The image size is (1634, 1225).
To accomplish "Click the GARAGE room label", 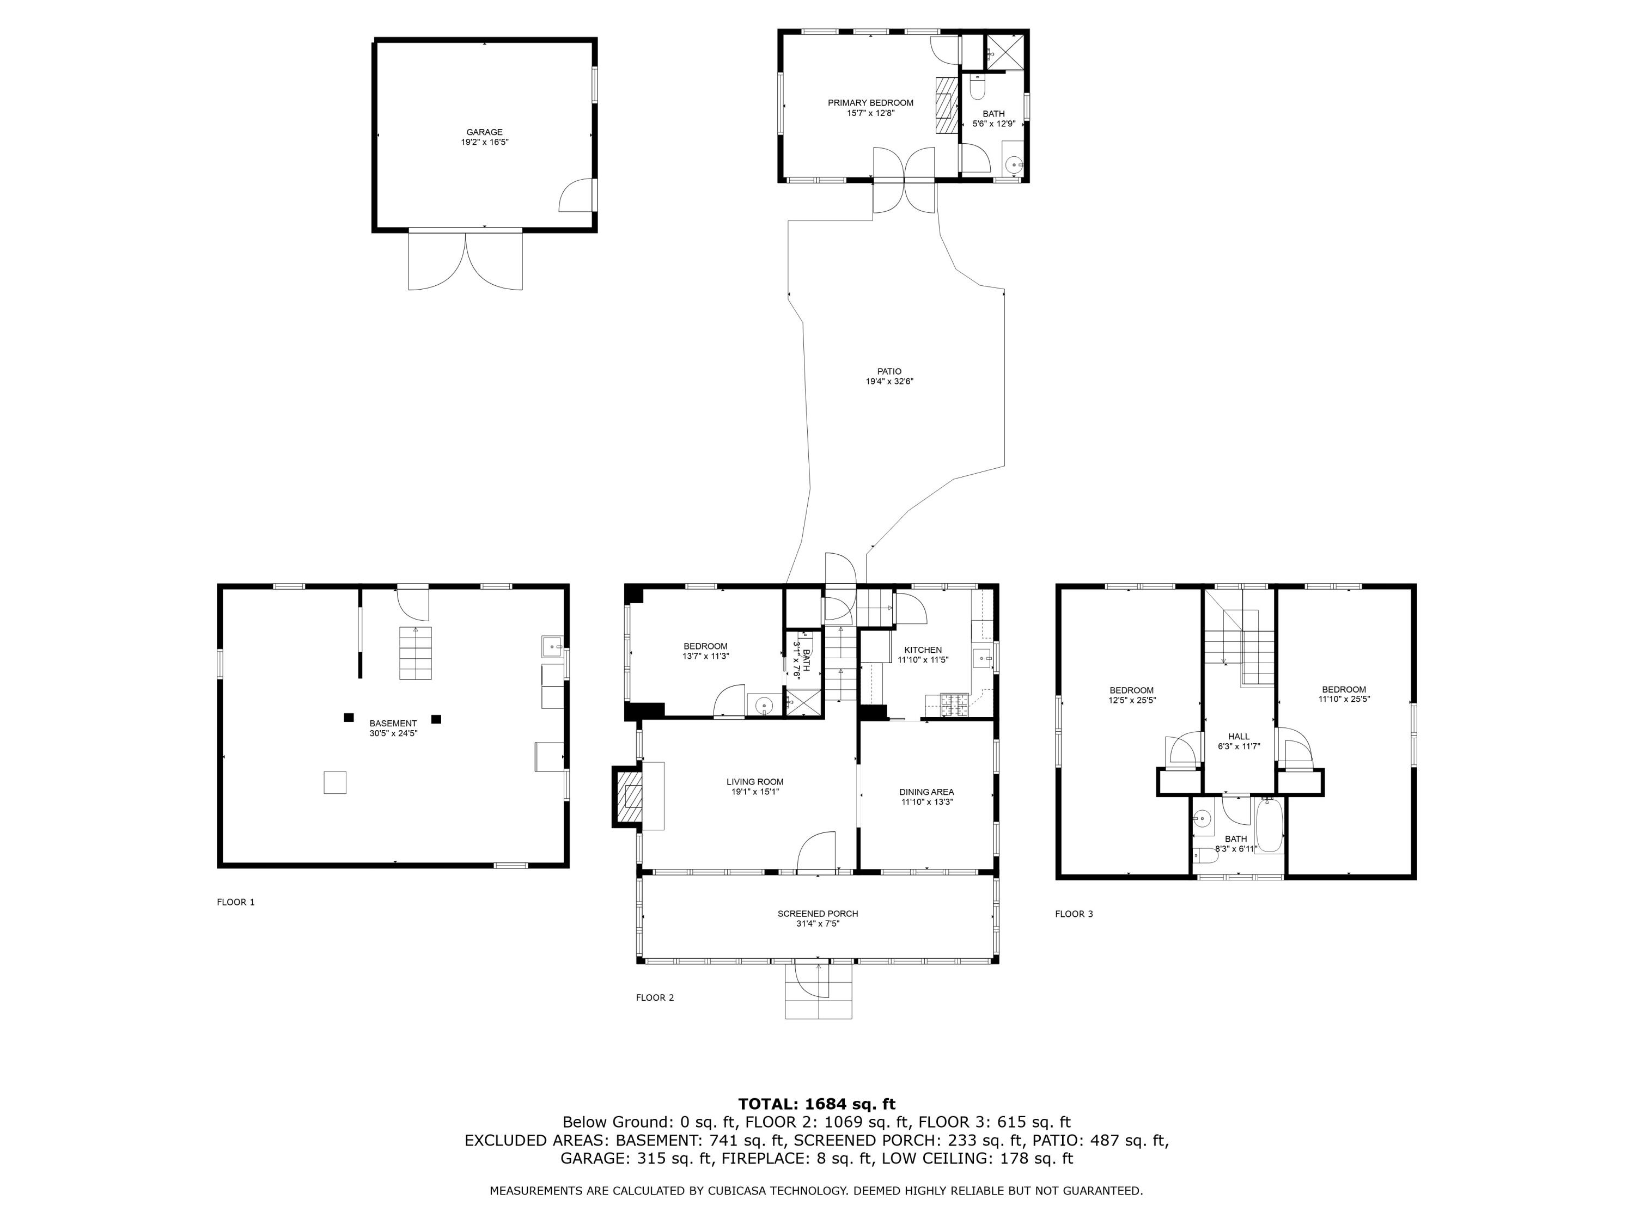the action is [485, 132].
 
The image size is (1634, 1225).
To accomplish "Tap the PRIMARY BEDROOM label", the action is [870, 103].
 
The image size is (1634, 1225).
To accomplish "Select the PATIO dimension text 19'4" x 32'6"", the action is [889, 382].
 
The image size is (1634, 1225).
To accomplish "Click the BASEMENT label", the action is [393, 724].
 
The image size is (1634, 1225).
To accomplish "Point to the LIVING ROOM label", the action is [755, 782].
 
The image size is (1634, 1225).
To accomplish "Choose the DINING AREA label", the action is [927, 792].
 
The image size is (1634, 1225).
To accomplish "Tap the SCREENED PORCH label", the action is [818, 914].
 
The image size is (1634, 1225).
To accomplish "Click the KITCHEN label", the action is [923, 650].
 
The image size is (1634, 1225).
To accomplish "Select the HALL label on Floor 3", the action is [1239, 736].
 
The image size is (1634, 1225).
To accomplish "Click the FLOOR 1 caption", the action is [236, 902].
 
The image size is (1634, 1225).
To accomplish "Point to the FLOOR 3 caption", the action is [1074, 914].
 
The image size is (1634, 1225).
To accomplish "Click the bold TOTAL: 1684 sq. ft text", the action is [817, 1104].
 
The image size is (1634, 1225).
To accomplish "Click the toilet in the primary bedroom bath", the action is [977, 87].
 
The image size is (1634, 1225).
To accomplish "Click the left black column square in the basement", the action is [349, 717].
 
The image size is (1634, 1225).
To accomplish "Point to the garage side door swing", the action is [576, 195].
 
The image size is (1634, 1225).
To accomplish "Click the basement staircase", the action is [416, 653].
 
